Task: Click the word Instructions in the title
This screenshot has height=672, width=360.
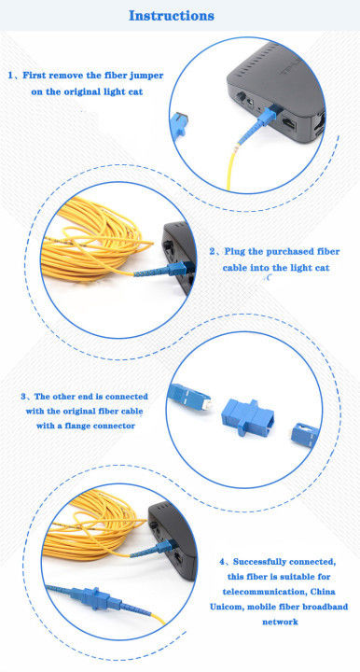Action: (171, 15)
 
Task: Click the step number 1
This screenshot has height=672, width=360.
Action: (12, 75)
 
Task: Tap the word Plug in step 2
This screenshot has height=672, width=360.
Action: (239, 251)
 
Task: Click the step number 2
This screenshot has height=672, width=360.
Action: (214, 251)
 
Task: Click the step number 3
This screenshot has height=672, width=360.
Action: (24, 396)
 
